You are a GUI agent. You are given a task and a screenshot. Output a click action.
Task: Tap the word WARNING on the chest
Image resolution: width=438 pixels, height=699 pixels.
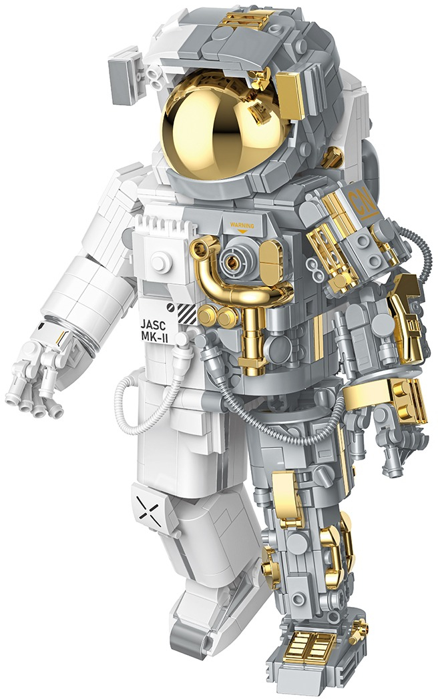click(242, 225)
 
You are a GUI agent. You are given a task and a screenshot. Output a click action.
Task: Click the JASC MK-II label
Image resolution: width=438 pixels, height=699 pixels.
click(154, 330)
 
